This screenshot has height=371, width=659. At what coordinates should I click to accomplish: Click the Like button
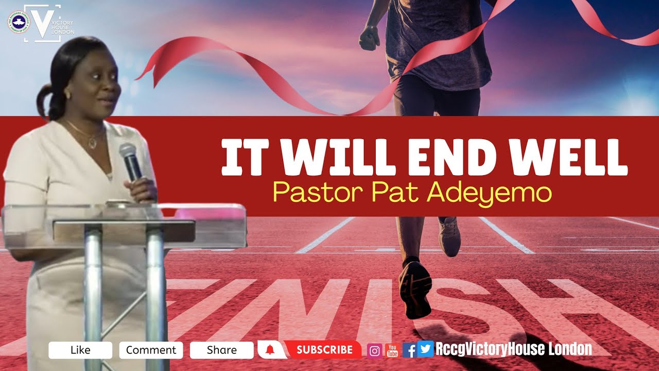(x=80, y=350)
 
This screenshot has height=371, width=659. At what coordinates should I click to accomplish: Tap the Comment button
(x=151, y=350)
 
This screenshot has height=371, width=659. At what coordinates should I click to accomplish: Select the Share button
(x=221, y=350)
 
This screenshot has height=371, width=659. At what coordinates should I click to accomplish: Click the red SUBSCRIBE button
(x=324, y=350)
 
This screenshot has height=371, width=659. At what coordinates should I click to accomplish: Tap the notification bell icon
(x=270, y=350)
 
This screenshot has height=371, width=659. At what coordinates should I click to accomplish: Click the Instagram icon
(x=375, y=351)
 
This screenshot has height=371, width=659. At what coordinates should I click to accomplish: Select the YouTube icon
(x=392, y=350)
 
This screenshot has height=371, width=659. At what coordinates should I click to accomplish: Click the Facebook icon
(x=409, y=350)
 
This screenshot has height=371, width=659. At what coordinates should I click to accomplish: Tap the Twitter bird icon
(x=425, y=349)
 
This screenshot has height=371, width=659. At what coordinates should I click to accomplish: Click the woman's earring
(x=67, y=96)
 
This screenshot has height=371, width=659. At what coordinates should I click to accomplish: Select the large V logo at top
(x=42, y=23)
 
